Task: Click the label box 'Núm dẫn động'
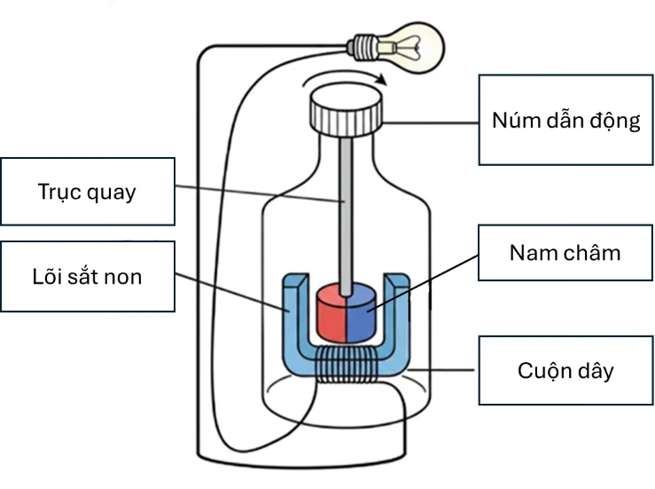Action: (565, 120)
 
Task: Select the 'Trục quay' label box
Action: (87, 192)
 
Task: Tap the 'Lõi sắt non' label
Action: (87, 276)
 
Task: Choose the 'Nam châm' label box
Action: (565, 252)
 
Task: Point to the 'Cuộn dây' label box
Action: (565, 370)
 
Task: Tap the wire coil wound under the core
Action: (346, 364)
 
